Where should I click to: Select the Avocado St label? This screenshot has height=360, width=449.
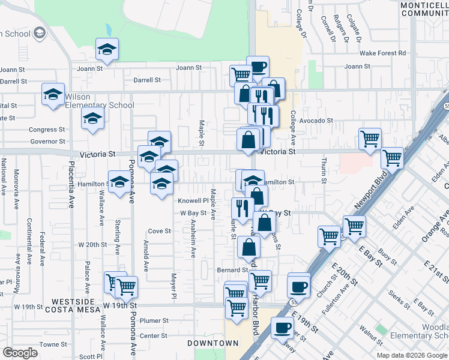coord(316,121)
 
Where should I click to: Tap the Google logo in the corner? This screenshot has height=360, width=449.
coord(20,353)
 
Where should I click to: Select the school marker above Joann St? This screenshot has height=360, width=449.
coord(107,50)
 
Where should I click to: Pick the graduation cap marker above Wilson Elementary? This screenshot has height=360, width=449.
coord(53,94)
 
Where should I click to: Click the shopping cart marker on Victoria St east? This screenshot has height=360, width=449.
coord(370,139)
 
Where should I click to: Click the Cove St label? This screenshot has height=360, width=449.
coord(160,231)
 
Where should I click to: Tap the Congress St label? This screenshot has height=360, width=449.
coord(47,130)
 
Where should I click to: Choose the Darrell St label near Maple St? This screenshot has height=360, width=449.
coord(147,80)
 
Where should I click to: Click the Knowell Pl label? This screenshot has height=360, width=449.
coord(192,201)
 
